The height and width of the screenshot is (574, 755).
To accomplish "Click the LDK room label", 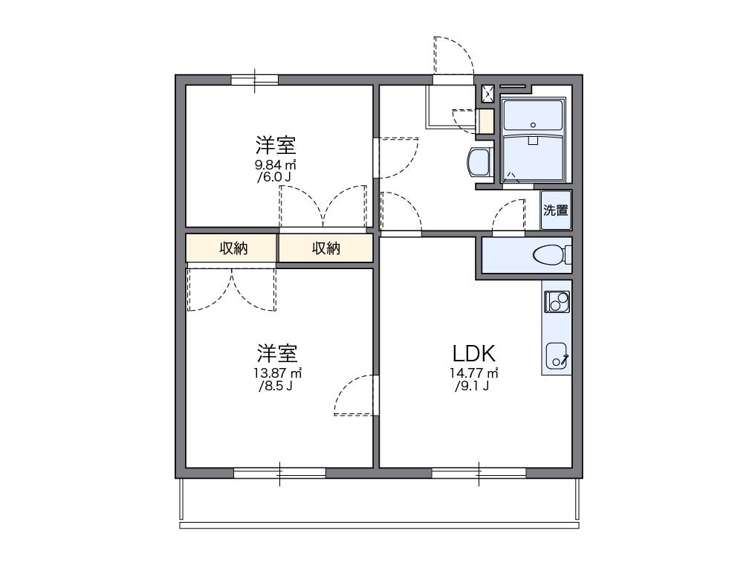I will tap(475, 353).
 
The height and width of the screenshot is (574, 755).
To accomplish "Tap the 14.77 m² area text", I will tap(473, 373).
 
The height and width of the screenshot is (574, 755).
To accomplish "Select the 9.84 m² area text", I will tap(276, 165).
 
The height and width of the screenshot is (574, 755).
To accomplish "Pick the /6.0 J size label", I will tap(274, 178).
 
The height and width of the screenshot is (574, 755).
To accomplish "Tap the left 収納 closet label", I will tap(233, 248).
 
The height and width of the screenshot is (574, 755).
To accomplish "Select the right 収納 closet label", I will tap(325, 248).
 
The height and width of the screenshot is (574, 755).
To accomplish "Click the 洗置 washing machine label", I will tap(555, 210).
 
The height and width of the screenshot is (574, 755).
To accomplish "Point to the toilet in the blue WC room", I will tap(551, 255).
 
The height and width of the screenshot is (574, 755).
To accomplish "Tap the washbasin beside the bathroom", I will tap(479, 161).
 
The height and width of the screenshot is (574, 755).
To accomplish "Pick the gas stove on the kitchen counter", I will tap(557, 302).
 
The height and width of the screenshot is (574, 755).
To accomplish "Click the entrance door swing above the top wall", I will tap(453, 55).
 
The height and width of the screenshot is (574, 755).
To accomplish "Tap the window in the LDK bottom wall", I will tap(479, 473).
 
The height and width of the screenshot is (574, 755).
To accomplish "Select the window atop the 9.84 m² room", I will tap(254, 80).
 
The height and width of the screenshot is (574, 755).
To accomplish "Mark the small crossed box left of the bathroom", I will tap(488, 94).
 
